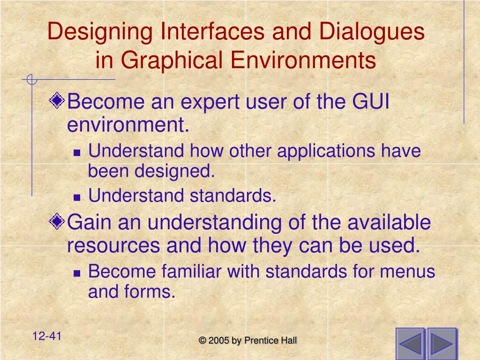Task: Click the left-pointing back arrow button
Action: click(x=410, y=344)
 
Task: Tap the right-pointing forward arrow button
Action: click(x=441, y=344)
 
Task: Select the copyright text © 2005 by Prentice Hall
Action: click(x=248, y=341)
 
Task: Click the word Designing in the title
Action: click(x=101, y=32)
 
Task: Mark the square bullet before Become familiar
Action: click(x=78, y=273)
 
